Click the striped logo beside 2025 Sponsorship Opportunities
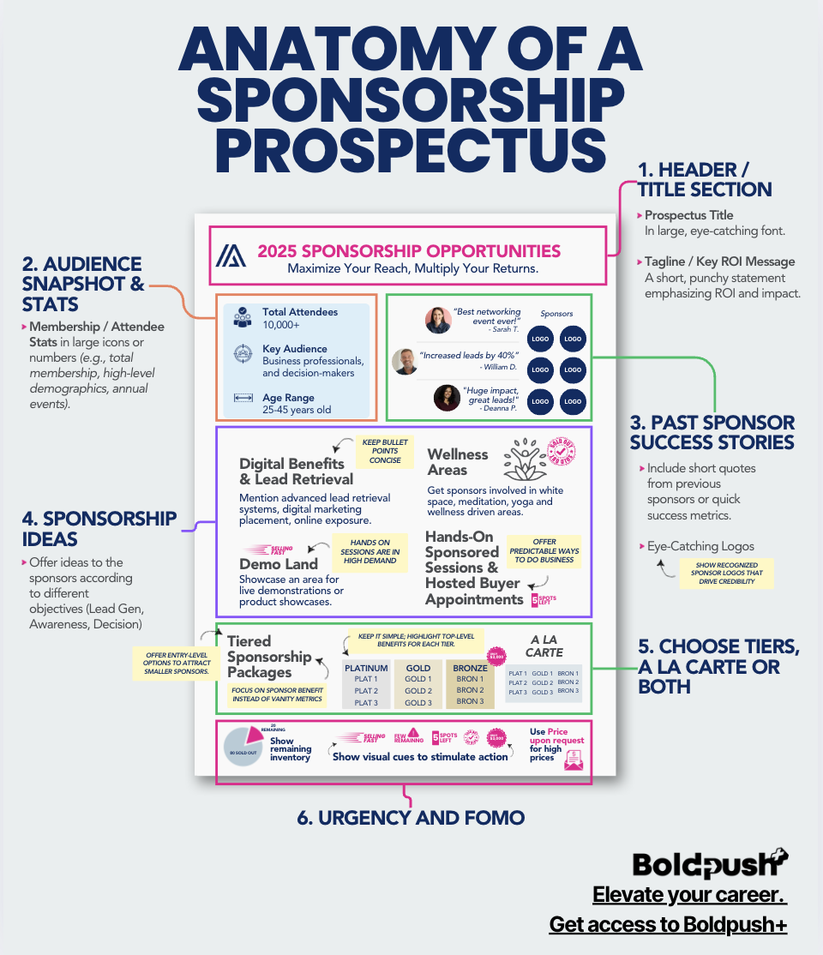(x=231, y=256)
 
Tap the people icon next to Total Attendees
(x=242, y=317)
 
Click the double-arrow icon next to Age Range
(x=242, y=398)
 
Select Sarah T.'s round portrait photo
(x=438, y=321)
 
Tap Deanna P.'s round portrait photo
(x=447, y=398)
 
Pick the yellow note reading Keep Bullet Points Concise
(x=384, y=451)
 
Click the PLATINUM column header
(x=366, y=668)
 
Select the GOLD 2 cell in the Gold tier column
(x=418, y=691)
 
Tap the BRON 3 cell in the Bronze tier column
(x=470, y=702)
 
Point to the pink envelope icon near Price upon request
(x=574, y=759)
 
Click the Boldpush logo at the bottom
(x=711, y=864)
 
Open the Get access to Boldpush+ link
(x=668, y=925)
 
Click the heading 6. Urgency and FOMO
(x=411, y=817)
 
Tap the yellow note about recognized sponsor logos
(x=726, y=574)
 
